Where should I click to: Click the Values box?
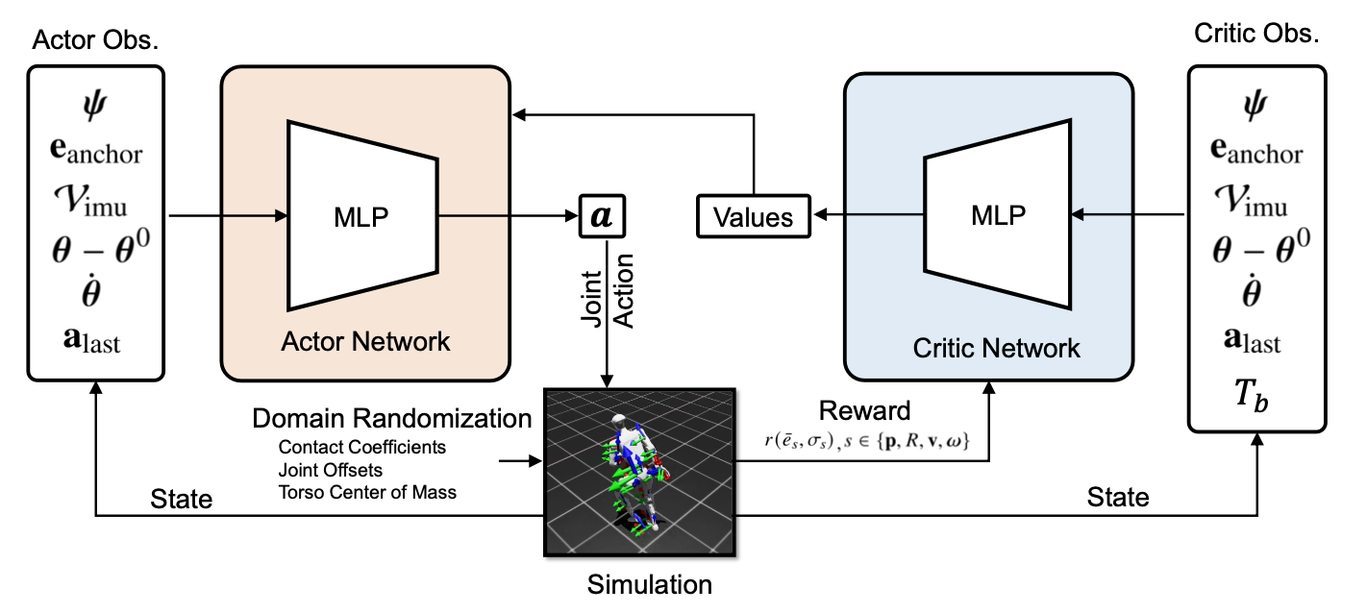[x=754, y=216]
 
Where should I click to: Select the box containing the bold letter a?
[x=603, y=216]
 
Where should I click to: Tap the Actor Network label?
[x=365, y=342]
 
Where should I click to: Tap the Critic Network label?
[x=996, y=348]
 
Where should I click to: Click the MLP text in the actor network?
[x=360, y=217]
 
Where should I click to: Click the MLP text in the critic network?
[x=999, y=215]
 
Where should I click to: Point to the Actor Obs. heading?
[x=95, y=39]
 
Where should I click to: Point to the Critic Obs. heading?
[x=1256, y=33]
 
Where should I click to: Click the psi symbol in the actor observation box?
[x=94, y=106]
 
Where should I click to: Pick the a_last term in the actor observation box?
[x=91, y=340]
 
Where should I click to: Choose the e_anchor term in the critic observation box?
[x=1256, y=150]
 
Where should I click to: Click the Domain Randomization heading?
[x=392, y=418]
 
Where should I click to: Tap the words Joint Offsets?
[x=330, y=470]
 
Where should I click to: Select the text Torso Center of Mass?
[x=367, y=492]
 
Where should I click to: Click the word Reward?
[x=864, y=410]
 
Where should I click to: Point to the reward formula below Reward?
[x=866, y=440]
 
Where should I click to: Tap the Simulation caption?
[x=649, y=584]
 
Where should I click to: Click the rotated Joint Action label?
[x=608, y=291]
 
